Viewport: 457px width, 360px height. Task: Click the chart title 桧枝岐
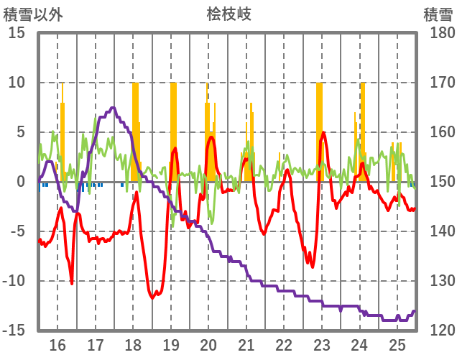pos(228,14)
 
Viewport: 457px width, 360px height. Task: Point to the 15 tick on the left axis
pos(17,33)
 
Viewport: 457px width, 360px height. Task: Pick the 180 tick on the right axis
pos(439,33)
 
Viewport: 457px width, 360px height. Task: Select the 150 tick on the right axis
pos(439,182)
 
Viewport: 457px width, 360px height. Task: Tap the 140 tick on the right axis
pos(439,231)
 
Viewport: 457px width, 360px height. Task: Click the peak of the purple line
pos(113,108)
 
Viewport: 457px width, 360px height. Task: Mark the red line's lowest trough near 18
pos(153,297)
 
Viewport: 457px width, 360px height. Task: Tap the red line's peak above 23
pos(324,133)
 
